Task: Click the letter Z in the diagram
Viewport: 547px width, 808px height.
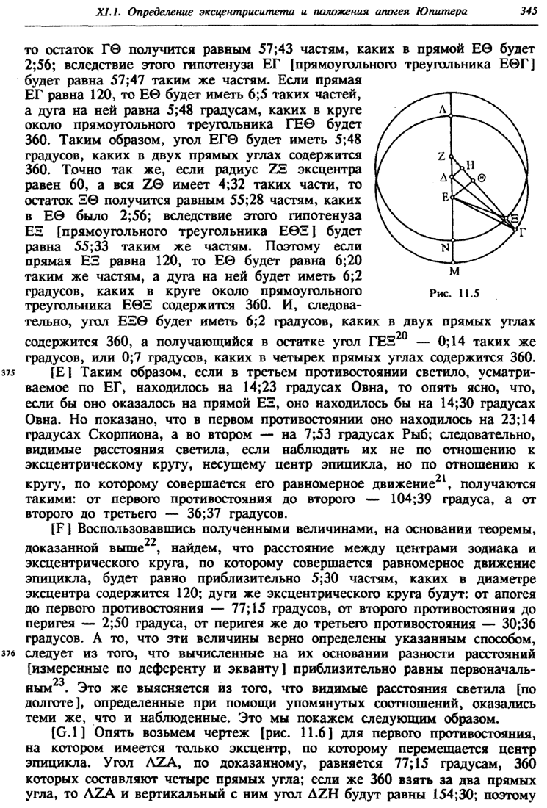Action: pyautogui.click(x=442, y=156)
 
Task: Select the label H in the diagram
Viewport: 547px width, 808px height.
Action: pyautogui.click(x=471, y=165)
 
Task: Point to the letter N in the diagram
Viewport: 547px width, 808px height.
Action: pyautogui.click(x=444, y=248)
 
